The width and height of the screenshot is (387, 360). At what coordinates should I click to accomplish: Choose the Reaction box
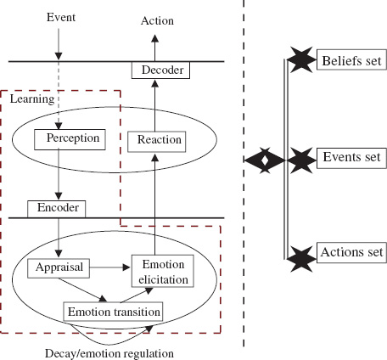click(x=156, y=138)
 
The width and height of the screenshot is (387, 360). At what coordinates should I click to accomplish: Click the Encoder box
click(x=56, y=208)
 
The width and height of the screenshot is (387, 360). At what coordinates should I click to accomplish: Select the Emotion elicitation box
click(x=161, y=271)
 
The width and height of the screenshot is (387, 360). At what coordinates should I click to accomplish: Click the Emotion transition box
click(x=112, y=311)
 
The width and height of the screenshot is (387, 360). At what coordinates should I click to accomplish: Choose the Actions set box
click(x=351, y=252)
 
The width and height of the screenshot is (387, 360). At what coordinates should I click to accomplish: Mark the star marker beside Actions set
click(x=300, y=254)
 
